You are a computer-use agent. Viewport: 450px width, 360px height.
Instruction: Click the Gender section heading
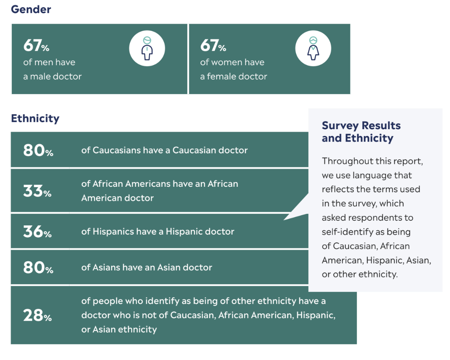pos(31,9)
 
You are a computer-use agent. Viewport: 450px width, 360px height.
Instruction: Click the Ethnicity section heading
pos(35,118)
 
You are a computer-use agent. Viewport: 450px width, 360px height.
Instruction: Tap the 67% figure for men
pos(36,45)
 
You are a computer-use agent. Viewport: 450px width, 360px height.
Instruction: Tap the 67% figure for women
pos(213,45)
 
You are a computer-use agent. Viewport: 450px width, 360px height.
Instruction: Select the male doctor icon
pos(147,49)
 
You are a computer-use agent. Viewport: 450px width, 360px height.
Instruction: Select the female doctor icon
pos(313,49)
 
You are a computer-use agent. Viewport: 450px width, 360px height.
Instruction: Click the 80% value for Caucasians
pos(38,150)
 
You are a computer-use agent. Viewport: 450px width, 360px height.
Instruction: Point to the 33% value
pos(37,191)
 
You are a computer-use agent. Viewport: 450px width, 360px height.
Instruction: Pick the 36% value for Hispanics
pos(37,232)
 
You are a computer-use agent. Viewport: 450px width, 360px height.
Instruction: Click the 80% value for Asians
pos(38,268)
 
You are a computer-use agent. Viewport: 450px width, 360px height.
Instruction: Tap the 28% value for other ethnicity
pos(37,315)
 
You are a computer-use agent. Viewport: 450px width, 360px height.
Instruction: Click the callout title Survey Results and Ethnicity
pos(361,132)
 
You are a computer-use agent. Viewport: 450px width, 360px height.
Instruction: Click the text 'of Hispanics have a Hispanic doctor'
pos(158,232)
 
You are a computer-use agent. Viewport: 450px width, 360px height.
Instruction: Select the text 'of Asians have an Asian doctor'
pos(147,268)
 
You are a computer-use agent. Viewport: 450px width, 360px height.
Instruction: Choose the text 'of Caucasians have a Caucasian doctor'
pos(164,150)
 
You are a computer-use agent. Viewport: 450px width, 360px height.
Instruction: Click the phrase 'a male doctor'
pos(53,77)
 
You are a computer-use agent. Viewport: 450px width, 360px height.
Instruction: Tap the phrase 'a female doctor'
pos(233,77)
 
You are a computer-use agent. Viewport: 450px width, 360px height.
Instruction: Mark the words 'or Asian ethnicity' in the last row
pos(119,330)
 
